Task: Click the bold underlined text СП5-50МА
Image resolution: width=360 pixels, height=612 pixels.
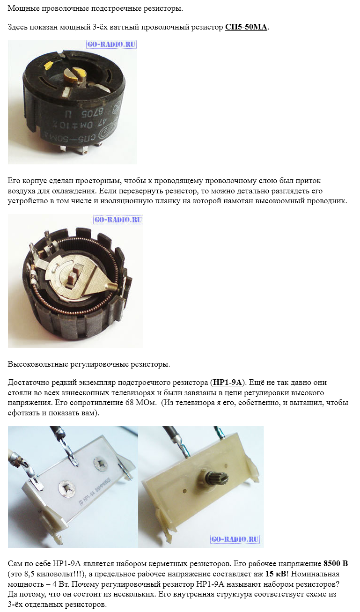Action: (246, 27)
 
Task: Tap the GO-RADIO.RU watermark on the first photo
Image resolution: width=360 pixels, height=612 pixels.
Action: (111, 44)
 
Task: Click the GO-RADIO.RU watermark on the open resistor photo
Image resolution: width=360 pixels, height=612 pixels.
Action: (118, 220)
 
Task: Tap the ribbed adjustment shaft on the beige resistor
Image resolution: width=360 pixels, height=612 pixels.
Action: (217, 478)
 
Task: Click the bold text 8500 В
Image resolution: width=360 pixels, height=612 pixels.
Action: (336, 563)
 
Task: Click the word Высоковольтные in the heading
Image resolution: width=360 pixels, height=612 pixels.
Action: (38, 364)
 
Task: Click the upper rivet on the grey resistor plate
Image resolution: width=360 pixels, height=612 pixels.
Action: (101, 461)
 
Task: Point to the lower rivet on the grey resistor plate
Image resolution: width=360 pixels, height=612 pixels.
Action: (66, 489)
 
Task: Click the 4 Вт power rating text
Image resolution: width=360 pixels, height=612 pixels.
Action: (54, 584)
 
